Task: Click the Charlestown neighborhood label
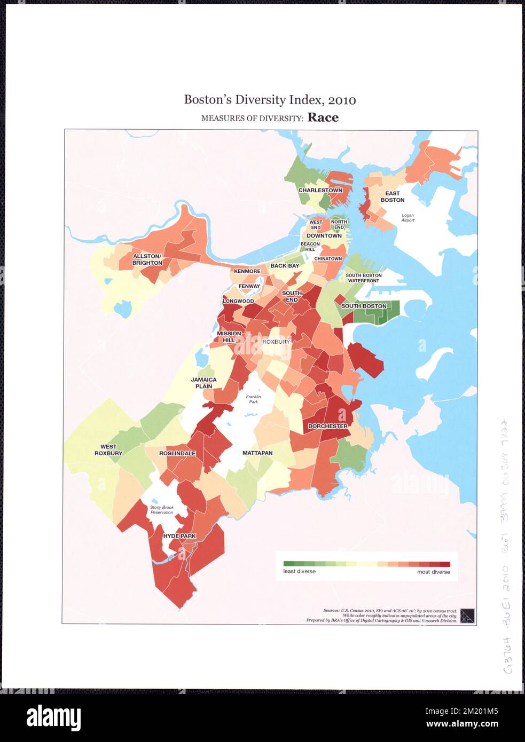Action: pos(320,191)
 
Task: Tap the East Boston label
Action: pos(392,197)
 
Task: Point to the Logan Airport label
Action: pos(408,217)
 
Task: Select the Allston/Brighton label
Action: pos(147,260)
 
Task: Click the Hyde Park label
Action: pos(179,536)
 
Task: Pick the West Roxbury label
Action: pos(108,450)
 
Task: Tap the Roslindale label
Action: pos(177,453)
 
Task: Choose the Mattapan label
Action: pos(257,453)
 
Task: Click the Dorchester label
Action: pos(327,426)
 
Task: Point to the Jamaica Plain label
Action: pos(204,383)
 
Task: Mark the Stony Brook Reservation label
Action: pos(162,510)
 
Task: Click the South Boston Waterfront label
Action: pos(363,278)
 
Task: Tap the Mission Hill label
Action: pos(229,337)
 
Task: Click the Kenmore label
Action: pos(247,271)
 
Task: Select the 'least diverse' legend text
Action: pos(299,571)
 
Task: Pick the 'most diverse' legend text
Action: pos(433,572)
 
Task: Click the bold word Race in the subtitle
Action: pos(323,118)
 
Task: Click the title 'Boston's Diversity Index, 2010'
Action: pos(270,100)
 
